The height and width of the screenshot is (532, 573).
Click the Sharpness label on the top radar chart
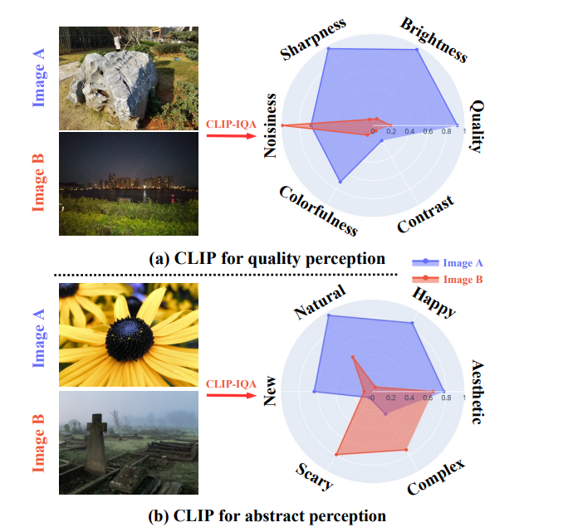(314, 39)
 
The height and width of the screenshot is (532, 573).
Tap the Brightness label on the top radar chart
(433, 40)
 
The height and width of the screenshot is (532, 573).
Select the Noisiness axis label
(270, 125)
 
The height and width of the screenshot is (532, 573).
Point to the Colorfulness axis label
(318, 211)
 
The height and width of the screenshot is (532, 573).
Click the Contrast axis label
(426, 214)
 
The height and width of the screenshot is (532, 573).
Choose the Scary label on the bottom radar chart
(314, 476)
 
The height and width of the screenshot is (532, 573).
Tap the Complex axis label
(436, 477)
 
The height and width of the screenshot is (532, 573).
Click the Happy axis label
(434, 302)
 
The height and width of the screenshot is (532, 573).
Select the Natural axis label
(320, 301)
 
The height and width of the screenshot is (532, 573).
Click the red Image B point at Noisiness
(282, 125)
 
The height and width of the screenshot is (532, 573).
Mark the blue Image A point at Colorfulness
(340, 182)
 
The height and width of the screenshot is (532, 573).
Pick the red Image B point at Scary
(336, 455)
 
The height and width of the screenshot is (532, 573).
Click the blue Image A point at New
(314, 392)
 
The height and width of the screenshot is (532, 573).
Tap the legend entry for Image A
(448, 262)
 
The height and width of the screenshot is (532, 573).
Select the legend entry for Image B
(448, 280)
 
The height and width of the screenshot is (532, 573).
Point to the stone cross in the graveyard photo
(96, 443)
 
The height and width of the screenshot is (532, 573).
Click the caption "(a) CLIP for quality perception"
(267, 258)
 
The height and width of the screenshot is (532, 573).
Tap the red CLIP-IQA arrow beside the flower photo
(232, 395)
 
